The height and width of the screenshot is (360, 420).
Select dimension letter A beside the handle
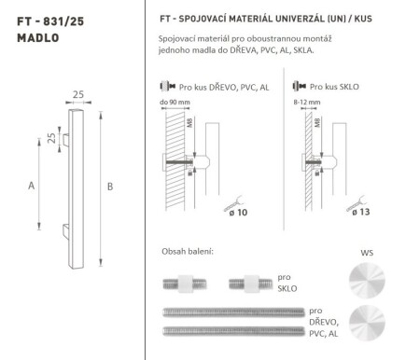[x=33, y=186]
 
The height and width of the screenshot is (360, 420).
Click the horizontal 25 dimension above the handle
[x=77, y=94]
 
